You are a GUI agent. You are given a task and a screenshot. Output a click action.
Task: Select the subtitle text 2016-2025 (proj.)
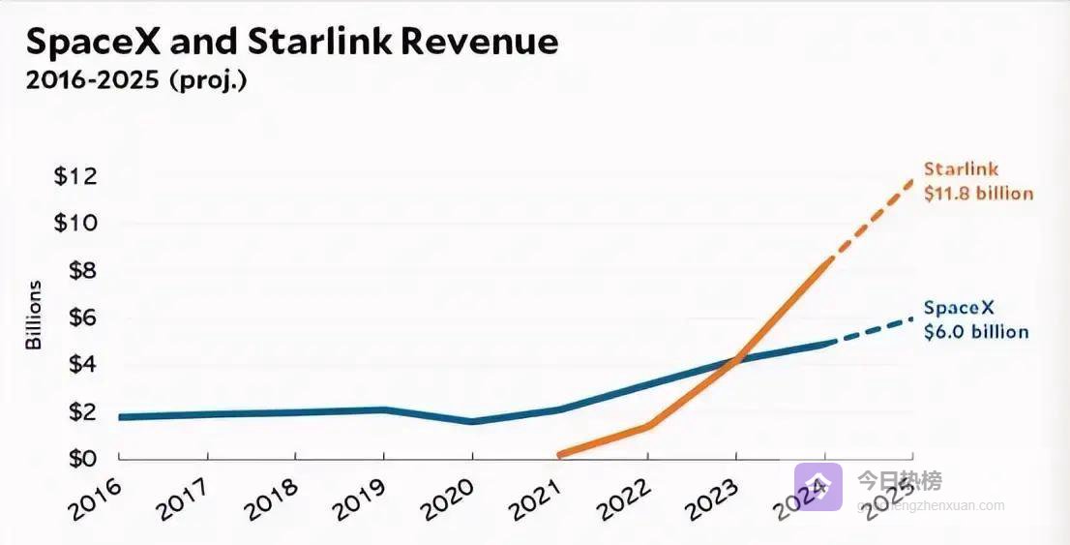pos(135,81)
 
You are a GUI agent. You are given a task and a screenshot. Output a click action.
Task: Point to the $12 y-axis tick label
pos(74,177)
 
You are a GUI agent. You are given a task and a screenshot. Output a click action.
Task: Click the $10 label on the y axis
pos(74,224)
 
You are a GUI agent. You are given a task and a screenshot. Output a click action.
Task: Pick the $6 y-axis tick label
pos(81,318)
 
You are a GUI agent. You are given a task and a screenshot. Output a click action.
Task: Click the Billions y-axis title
pos(34,315)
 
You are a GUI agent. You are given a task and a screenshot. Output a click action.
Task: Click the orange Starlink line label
pos(961,170)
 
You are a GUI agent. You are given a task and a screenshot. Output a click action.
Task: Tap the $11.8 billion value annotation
pos(978,194)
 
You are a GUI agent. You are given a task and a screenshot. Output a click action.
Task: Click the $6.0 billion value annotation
pos(976,332)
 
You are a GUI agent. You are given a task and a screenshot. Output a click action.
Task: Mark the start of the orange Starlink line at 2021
pos(561,453)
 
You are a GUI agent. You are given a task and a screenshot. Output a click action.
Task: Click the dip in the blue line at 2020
pos(471,422)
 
